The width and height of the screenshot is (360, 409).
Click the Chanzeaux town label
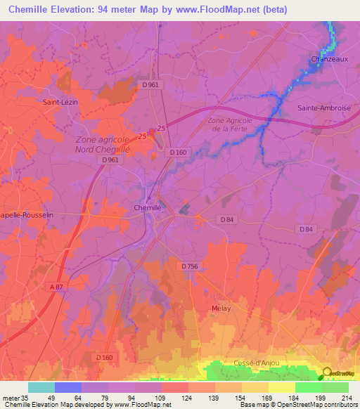click(330, 60)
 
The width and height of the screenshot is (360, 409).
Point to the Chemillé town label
click(148, 207)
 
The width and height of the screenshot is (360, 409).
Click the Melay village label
click(221, 308)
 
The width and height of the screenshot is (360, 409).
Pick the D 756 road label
click(190, 266)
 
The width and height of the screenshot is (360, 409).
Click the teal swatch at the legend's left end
click(41, 387)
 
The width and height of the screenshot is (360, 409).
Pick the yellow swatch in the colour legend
click(281, 387)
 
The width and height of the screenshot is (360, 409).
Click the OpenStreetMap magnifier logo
click(328, 372)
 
